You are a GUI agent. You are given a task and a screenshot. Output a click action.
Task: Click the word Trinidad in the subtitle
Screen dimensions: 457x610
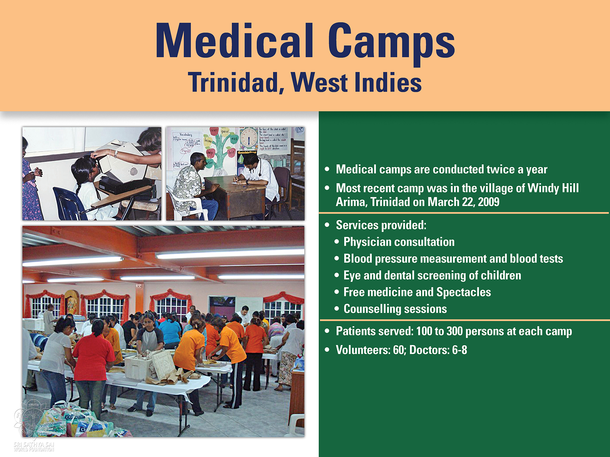[236, 83]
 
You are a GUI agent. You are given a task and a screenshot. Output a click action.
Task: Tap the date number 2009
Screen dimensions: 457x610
[488, 202]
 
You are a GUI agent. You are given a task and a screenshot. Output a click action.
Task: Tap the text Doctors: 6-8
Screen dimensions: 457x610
[438, 350]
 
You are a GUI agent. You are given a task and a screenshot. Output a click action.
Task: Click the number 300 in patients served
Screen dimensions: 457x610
[454, 331]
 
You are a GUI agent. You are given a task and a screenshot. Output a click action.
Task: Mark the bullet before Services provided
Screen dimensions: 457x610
[327, 225]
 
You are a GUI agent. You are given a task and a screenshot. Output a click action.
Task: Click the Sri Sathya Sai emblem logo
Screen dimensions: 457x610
[34, 419]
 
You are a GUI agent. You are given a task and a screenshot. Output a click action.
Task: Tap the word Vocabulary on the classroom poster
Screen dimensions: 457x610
[186, 134]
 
